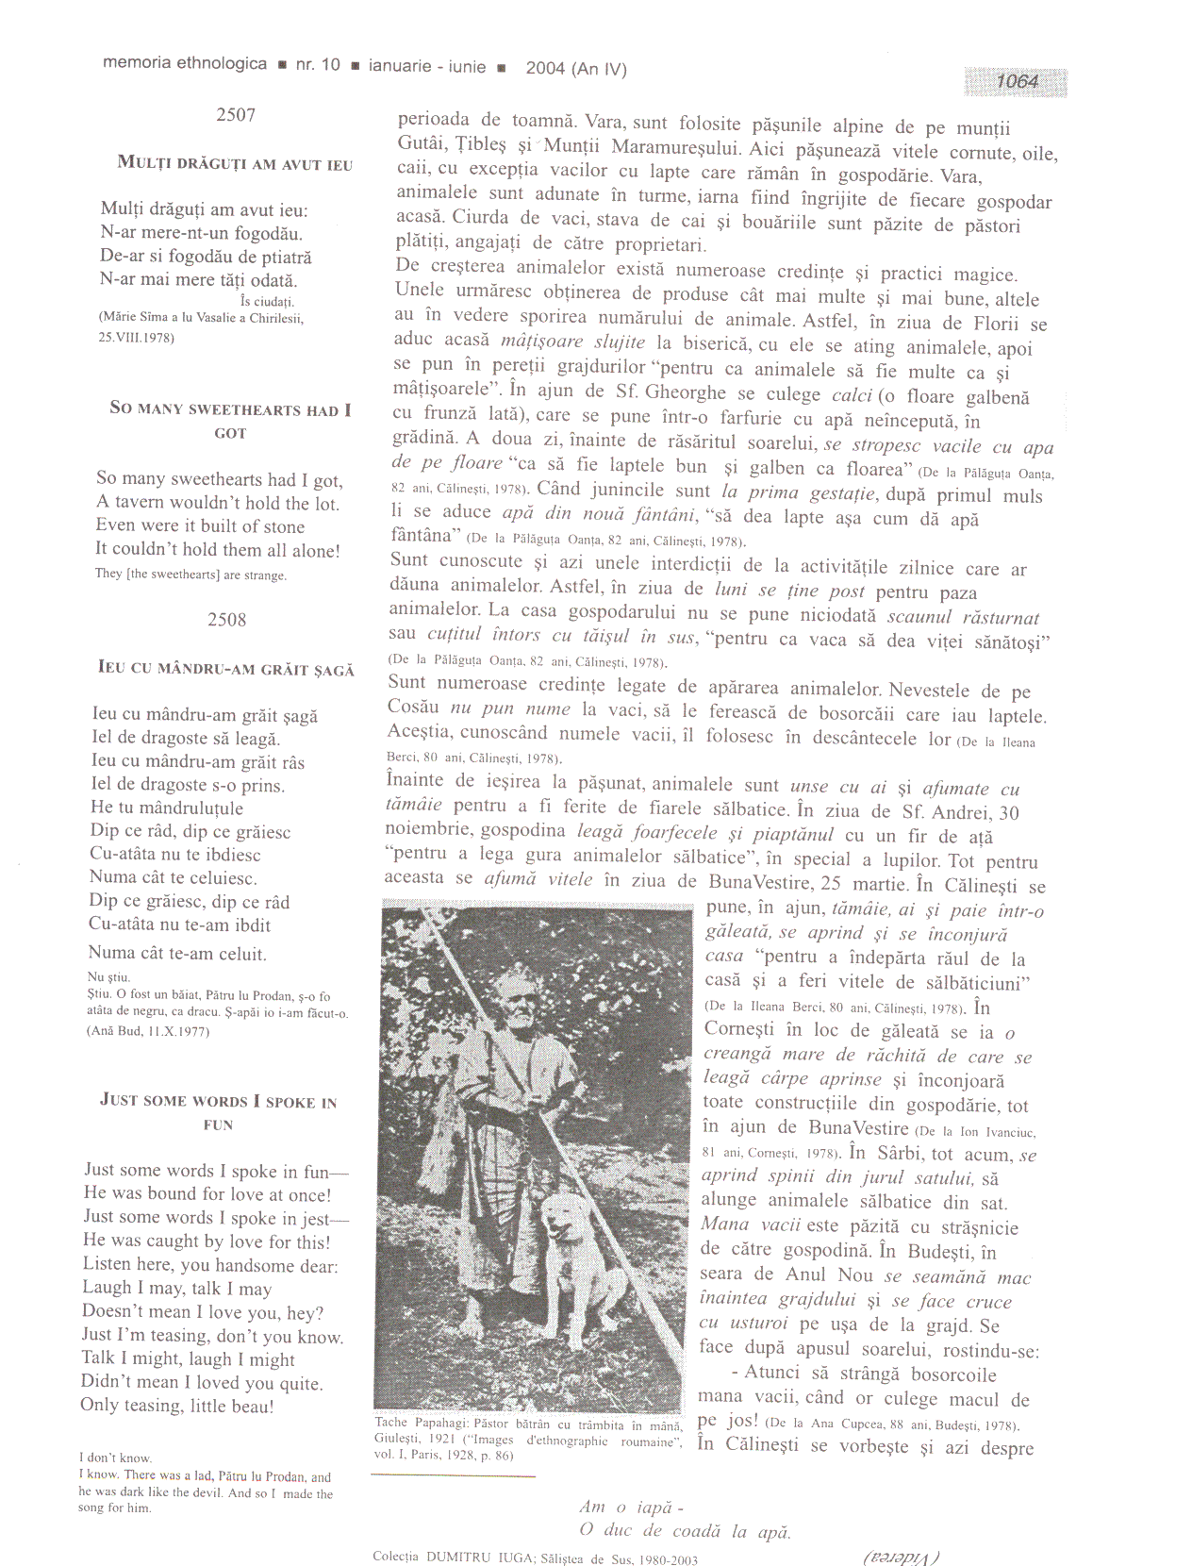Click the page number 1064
pyautogui.click(x=1017, y=82)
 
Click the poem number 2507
pyautogui.click(x=236, y=115)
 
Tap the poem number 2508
pyautogui.click(x=227, y=620)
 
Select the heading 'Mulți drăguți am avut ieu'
pyautogui.click(x=235, y=164)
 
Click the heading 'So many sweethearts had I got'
pyautogui.click(x=230, y=421)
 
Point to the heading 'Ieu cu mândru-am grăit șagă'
pyautogui.click(x=226, y=669)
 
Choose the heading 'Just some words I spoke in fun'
pyautogui.click(x=219, y=1112)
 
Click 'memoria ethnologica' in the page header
pyautogui.click(x=185, y=64)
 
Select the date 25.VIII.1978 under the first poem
pyautogui.click(x=137, y=337)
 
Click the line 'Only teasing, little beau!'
pyautogui.click(x=177, y=1406)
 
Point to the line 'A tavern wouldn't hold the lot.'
pyautogui.click(x=218, y=504)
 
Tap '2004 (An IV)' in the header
pyautogui.click(x=576, y=69)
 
